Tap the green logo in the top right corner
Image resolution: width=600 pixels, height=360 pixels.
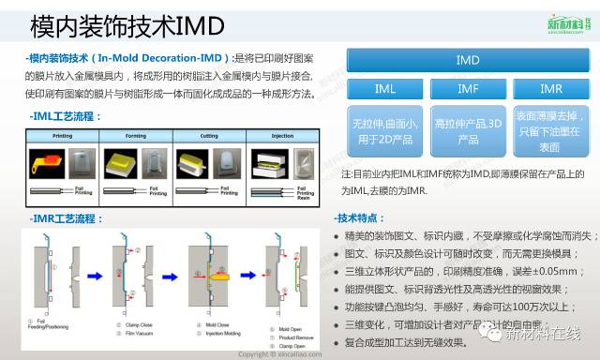[562, 22]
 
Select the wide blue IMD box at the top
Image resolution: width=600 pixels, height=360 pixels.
[467, 61]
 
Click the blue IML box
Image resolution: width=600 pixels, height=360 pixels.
[385, 89]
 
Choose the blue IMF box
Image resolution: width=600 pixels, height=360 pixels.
[467, 89]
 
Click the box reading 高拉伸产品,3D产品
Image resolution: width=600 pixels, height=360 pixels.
[467, 131]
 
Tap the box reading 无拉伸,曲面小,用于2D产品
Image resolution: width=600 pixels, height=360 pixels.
[385, 131]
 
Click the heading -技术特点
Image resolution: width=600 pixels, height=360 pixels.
[361, 218]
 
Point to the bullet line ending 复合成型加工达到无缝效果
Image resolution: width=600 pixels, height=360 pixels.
[406, 342]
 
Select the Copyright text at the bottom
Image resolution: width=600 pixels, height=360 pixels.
[281, 354]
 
